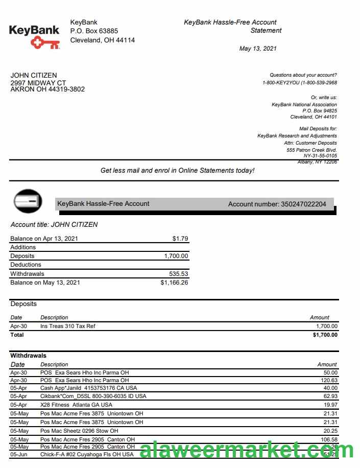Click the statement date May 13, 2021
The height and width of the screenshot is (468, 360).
(258, 49)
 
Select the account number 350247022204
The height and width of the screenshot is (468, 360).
(303, 204)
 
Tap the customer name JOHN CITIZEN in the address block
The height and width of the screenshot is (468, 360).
(34, 75)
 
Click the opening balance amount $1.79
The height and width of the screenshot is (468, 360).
(180, 238)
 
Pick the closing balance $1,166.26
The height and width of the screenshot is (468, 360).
(174, 282)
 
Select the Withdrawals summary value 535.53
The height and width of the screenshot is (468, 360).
(178, 273)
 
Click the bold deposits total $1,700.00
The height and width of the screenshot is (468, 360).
(325, 335)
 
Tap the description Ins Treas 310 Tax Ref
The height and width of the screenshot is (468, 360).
(68, 326)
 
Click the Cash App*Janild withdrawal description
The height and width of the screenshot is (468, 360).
(88, 388)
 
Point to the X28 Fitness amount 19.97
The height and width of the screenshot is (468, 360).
(330, 405)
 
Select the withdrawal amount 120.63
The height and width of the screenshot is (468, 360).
(329, 380)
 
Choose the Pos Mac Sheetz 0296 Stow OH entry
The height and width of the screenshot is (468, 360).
(79, 431)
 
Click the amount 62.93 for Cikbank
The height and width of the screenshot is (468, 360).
(330, 396)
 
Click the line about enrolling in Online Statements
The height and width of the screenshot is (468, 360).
(177, 171)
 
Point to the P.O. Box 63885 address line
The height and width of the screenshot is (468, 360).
(94, 31)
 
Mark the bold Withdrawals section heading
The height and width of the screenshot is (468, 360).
(28, 356)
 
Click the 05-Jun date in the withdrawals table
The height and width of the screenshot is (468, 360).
(18, 454)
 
